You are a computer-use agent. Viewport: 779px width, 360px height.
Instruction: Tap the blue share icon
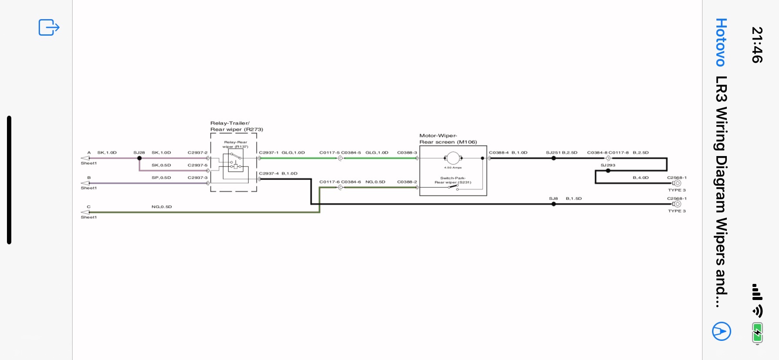[x=49, y=27]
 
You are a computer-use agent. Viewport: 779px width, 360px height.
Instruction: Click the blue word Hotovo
[x=721, y=42]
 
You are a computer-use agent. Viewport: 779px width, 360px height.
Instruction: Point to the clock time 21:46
[x=757, y=45]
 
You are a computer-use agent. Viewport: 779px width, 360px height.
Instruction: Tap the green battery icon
[x=757, y=333]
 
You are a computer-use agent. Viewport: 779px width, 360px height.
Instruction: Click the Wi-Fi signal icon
[x=757, y=310]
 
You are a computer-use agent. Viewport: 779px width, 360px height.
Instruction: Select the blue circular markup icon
[x=721, y=331]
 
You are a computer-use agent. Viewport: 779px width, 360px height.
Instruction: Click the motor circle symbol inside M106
[x=453, y=158]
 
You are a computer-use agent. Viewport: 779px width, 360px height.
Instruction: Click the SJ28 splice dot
[x=140, y=158]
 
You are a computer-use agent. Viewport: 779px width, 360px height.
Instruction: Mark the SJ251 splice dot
[x=553, y=158]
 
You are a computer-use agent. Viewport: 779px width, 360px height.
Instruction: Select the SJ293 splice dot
[x=608, y=170]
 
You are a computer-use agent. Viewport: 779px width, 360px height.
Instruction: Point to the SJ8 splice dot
[x=553, y=204]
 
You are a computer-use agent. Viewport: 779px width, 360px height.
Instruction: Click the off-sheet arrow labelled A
[x=85, y=158]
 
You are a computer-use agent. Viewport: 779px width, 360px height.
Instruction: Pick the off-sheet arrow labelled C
[x=85, y=212]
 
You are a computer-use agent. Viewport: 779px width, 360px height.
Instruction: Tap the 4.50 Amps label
[x=453, y=167]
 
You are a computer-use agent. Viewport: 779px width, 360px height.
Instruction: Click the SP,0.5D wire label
[x=161, y=178]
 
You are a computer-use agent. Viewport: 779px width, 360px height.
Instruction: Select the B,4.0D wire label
[x=640, y=178]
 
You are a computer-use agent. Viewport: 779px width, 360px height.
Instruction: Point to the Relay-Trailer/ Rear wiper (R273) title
[x=236, y=126]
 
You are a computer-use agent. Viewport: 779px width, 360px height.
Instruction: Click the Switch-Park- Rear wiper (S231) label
[x=453, y=180]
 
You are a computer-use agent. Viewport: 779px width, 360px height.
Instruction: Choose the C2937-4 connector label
[x=269, y=173]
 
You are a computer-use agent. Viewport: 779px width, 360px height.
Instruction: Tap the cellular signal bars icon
[x=757, y=292]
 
